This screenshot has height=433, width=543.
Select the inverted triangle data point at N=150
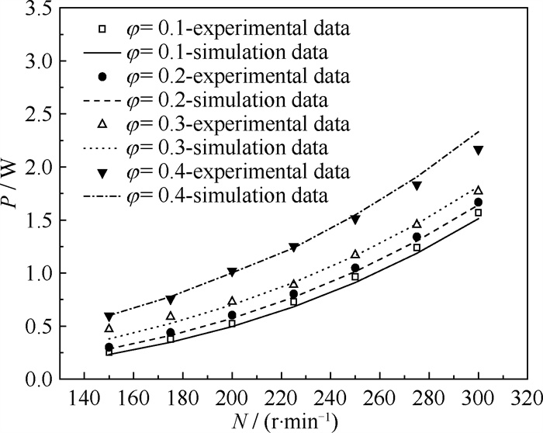point(109,317)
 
